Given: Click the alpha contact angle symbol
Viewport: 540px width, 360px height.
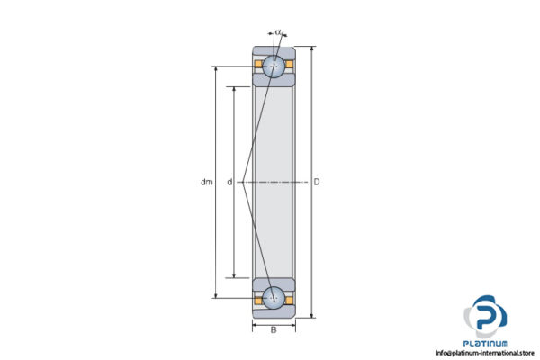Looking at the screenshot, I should [x=278, y=33].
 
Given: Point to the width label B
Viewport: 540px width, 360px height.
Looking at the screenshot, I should [x=274, y=330].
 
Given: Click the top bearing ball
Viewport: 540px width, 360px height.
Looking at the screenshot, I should [x=274, y=66].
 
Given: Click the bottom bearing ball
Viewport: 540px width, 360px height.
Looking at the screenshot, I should [x=274, y=297].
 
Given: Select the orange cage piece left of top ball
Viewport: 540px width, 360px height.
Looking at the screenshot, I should [x=258, y=66].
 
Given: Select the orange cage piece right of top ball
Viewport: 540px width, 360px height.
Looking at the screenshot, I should [x=289, y=66].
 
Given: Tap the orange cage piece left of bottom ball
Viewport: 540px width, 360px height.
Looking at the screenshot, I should [x=258, y=297].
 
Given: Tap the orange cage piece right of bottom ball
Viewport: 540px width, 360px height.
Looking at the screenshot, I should [x=289, y=297].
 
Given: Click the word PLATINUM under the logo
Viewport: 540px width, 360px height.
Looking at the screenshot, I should [x=486, y=343].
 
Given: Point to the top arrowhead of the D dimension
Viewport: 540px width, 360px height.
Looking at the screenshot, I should [x=312, y=48].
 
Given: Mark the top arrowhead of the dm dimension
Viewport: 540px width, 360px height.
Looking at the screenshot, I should [x=215, y=68].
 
